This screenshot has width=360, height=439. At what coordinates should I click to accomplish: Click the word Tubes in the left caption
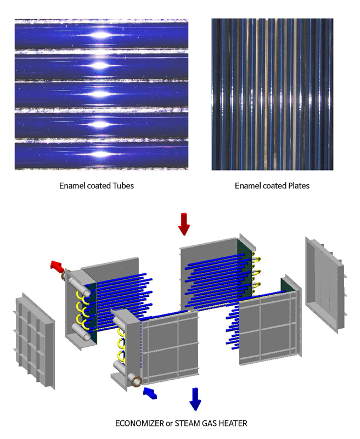pyautogui.click(x=123, y=185)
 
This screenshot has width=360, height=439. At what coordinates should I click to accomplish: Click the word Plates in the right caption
pyautogui.click(x=299, y=185)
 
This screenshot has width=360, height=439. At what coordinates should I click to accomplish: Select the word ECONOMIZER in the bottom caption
pyautogui.click(x=139, y=423)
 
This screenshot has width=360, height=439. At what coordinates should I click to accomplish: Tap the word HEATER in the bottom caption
pyautogui.click(x=233, y=423)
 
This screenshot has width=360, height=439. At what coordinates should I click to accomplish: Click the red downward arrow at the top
pyautogui.click(x=184, y=224)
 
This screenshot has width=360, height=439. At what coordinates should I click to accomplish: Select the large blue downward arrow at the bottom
pyautogui.click(x=195, y=399)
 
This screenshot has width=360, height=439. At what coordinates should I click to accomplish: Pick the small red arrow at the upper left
pyautogui.click(x=57, y=266)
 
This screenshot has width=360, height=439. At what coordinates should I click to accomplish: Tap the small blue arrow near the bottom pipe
pyautogui.click(x=150, y=393)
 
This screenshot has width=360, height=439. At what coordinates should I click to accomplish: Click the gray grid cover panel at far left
pyautogui.click(x=34, y=341)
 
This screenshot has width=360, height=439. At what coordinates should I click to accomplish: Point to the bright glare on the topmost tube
pyautogui.click(x=99, y=36)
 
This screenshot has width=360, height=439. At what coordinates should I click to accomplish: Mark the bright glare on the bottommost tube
pyautogui.click(x=99, y=154)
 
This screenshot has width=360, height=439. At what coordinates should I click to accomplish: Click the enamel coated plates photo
pyautogui.click(x=272, y=94)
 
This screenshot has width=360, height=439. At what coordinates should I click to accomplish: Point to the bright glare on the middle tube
pyautogui.click(x=99, y=94)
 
